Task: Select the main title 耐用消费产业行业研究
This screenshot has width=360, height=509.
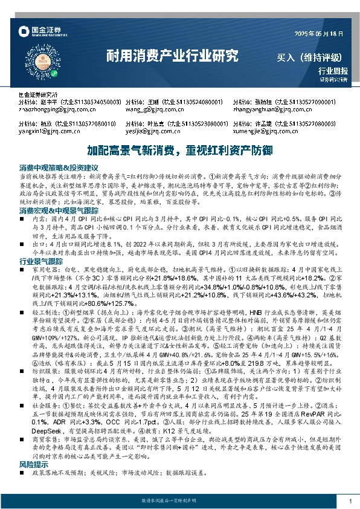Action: click(172, 57)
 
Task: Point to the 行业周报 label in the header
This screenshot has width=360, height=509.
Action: click(329, 71)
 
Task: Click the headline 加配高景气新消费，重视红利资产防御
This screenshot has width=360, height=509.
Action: click(180, 149)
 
